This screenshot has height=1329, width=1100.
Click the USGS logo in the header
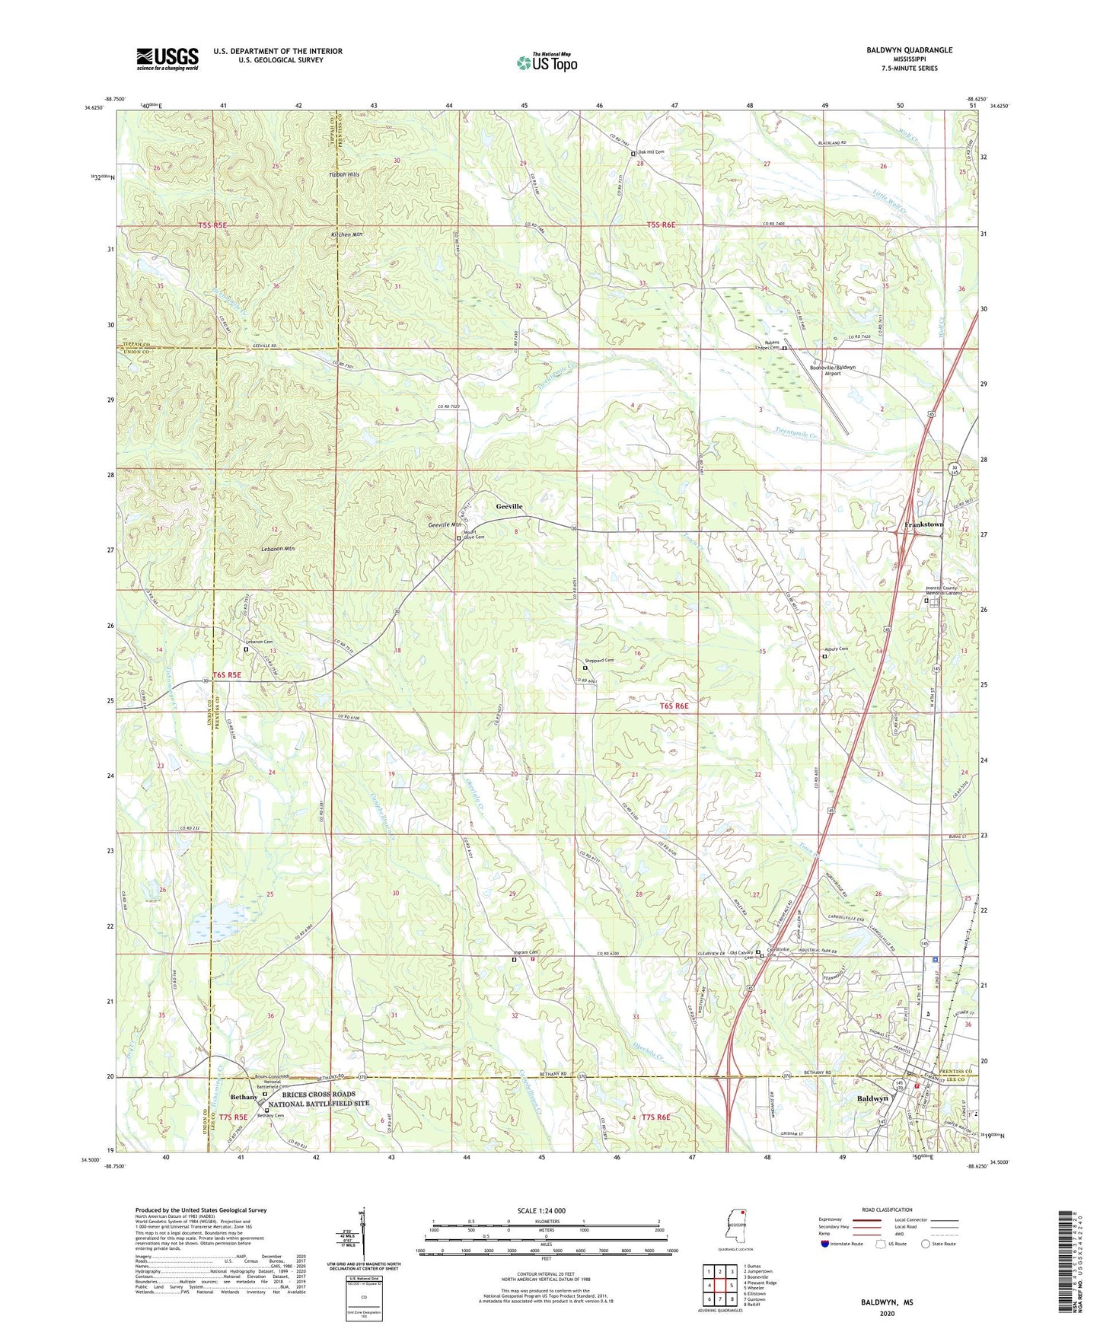click(x=167, y=59)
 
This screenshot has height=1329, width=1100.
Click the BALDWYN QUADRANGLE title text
click(x=909, y=50)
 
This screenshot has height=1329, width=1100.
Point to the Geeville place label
click(x=509, y=506)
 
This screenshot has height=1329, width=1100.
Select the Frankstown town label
click(x=923, y=524)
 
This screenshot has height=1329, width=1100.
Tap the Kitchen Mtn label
click(x=346, y=234)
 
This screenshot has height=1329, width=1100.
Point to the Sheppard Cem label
click(x=599, y=660)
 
